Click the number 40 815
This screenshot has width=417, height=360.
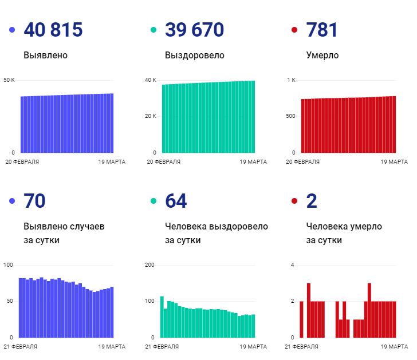tap(53, 30)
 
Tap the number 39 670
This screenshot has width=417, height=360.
tap(194, 30)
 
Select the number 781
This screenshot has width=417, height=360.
tap(322, 30)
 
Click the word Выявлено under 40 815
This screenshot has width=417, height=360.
tap(45, 56)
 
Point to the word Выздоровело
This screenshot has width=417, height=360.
tap(194, 56)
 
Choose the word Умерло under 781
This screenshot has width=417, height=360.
tap(322, 56)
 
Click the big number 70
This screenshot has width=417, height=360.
tap(34, 201)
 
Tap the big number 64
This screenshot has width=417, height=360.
tap(176, 201)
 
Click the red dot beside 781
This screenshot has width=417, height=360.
tap(294, 30)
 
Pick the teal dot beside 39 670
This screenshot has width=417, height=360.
tap(153, 30)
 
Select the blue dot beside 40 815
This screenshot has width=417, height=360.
tap(12, 30)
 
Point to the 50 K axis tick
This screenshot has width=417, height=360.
tap(9, 80)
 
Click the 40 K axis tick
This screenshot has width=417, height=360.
tap(151, 80)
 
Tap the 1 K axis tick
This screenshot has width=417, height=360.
tap(291, 80)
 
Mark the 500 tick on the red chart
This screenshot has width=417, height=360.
tap(290, 116)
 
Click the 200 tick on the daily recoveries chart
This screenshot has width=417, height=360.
tap(150, 265)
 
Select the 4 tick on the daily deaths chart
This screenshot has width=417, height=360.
tap(292, 265)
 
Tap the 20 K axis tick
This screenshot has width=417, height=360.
tap(151, 116)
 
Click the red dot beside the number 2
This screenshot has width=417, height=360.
tap(294, 201)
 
